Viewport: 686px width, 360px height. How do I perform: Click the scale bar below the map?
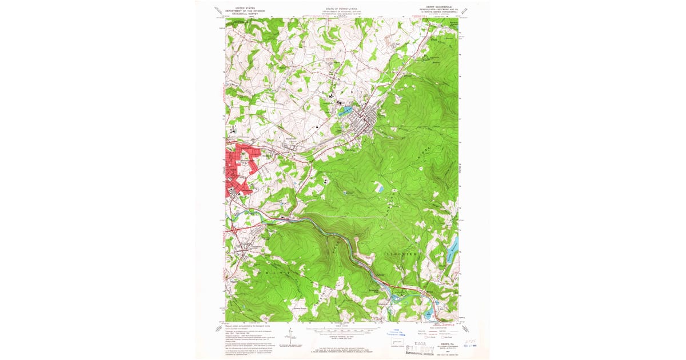point(342,330)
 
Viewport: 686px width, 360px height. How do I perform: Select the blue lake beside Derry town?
point(345,111)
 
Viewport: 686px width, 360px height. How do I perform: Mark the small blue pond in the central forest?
point(379,188)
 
